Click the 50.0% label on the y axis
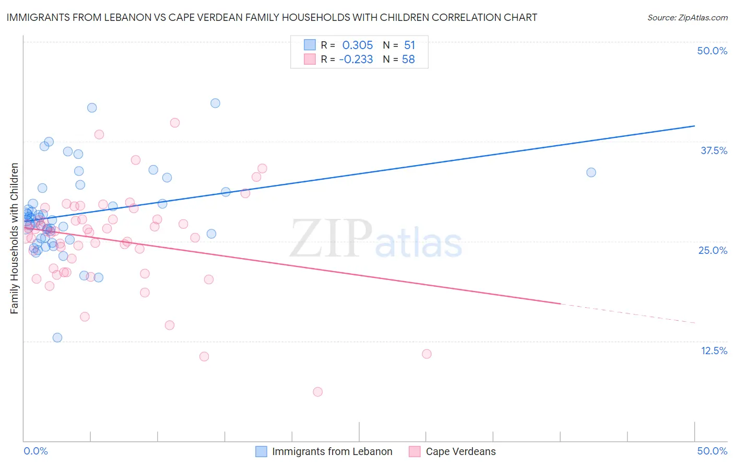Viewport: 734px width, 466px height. click(x=712, y=51)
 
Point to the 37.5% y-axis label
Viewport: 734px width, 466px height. click(x=714, y=150)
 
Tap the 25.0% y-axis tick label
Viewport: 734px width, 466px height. click(x=713, y=250)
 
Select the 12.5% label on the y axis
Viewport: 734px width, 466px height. click(x=714, y=351)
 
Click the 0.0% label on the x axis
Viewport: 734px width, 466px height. click(x=35, y=451)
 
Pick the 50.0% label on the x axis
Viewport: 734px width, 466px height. click(x=712, y=451)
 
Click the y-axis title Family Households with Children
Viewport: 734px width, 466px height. click(x=15, y=238)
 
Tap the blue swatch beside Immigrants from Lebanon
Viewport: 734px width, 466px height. click(x=261, y=451)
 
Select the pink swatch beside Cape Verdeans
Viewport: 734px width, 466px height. click(x=415, y=451)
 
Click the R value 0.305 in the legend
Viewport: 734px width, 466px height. click(x=357, y=45)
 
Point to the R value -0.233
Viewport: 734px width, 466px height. click(x=356, y=60)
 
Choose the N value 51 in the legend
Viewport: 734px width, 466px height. click(x=409, y=45)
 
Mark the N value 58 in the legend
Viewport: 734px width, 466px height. click(x=408, y=60)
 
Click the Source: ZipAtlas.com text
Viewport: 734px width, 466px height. click(x=687, y=18)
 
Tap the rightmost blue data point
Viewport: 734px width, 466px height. click(x=591, y=172)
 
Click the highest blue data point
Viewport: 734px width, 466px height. click(x=215, y=103)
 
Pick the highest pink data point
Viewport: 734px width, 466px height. click(x=175, y=123)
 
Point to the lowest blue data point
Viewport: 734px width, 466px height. click(x=57, y=337)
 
